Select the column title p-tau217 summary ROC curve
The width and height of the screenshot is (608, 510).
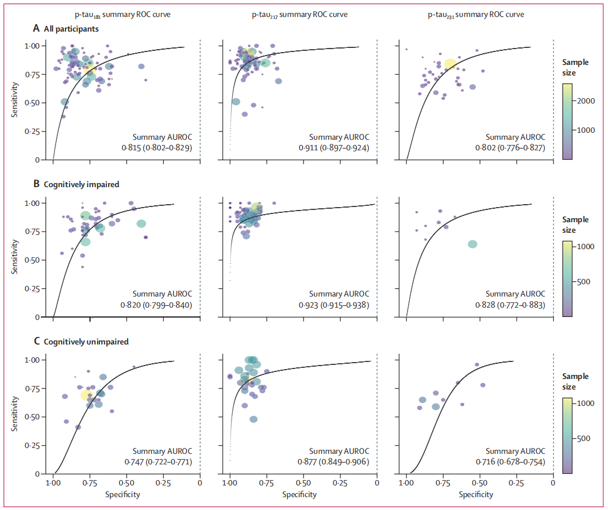(303, 15)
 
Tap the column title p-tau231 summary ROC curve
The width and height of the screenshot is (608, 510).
(479, 15)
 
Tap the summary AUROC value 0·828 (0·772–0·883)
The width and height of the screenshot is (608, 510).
(509, 305)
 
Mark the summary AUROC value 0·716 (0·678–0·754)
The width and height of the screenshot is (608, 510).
(509, 462)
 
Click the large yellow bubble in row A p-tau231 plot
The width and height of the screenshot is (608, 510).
(450, 64)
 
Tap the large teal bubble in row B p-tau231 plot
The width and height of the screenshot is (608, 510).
(472, 244)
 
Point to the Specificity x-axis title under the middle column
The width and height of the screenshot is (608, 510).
(299, 495)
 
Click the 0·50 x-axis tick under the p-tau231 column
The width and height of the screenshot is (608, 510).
(479, 484)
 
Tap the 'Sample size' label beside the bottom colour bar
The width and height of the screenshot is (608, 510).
(575, 382)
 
